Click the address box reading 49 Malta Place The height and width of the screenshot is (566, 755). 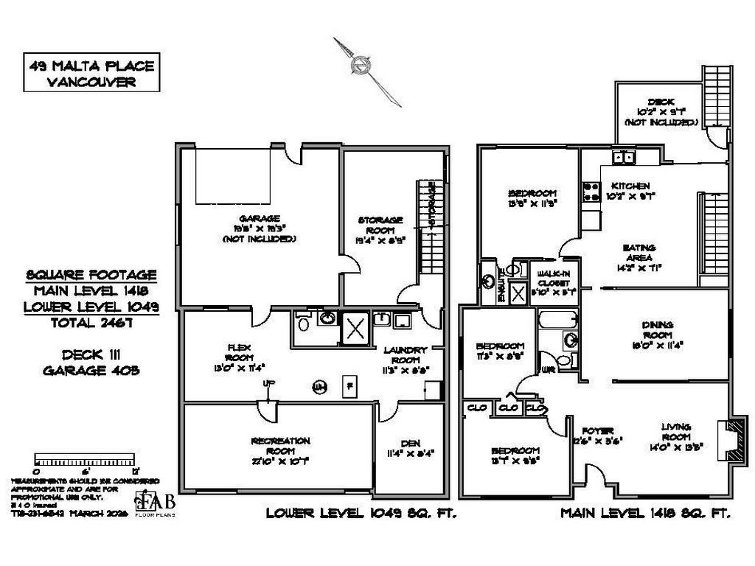(92, 74)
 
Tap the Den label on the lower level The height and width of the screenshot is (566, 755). (410, 448)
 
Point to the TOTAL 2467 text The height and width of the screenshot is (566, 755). (91, 322)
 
